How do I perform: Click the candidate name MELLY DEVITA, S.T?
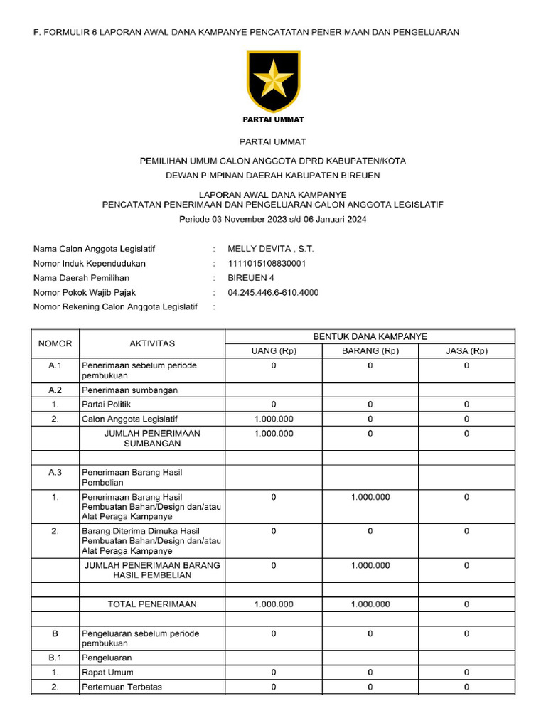pos(270,249)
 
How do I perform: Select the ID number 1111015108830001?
pos(267,263)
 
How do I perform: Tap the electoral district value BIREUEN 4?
pos(250,278)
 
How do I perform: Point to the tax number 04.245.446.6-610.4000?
pos(273,292)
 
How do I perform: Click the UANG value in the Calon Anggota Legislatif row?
pos(274,419)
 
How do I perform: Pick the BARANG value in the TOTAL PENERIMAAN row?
pos(370,604)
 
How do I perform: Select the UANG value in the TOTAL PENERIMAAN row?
pos(274,604)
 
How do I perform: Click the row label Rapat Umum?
pos(107,672)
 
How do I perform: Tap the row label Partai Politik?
pos(107,405)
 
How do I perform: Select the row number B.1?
pos(55,658)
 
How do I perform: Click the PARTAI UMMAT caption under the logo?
pos(273,119)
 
